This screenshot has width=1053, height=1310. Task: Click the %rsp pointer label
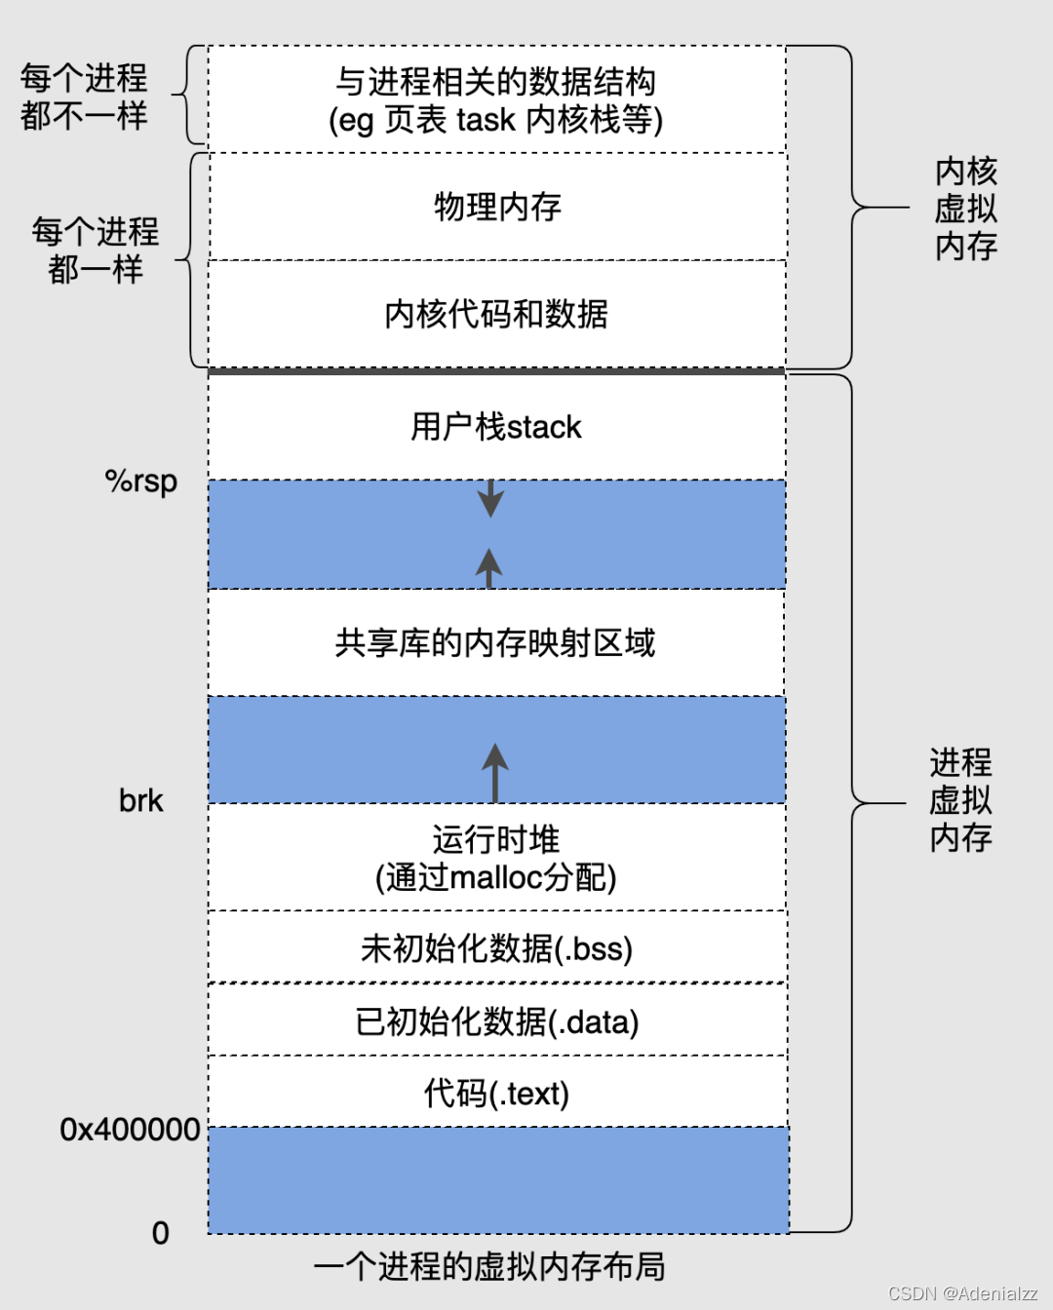click(141, 482)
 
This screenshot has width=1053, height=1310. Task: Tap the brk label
click(141, 801)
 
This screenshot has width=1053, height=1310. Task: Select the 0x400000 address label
click(130, 1130)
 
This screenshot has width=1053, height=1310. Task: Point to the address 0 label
click(161, 1233)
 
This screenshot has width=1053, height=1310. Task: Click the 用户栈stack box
click(496, 427)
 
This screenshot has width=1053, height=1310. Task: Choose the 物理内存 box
click(497, 207)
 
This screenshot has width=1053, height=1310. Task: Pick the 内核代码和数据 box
click(496, 314)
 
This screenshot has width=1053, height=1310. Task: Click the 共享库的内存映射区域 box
click(496, 642)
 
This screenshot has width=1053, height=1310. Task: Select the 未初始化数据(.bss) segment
click(496, 947)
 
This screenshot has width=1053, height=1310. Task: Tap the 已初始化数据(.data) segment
click(496, 1021)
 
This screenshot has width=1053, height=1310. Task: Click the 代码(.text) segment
click(496, 1093)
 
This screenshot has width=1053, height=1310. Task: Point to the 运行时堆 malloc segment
click(496, 858)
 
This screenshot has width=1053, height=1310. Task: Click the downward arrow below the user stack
click(490, 498)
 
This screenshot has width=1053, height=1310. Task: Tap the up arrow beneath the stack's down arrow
click(488, 566)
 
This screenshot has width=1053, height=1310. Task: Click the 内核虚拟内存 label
click(966, 209)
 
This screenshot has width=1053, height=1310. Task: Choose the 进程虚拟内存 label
click(960, 800)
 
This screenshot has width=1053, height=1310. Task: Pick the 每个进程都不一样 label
click(84, 96)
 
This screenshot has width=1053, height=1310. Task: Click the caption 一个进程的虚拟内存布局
click(489, 1266)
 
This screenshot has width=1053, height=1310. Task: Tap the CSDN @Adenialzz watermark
click(962, 1293)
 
